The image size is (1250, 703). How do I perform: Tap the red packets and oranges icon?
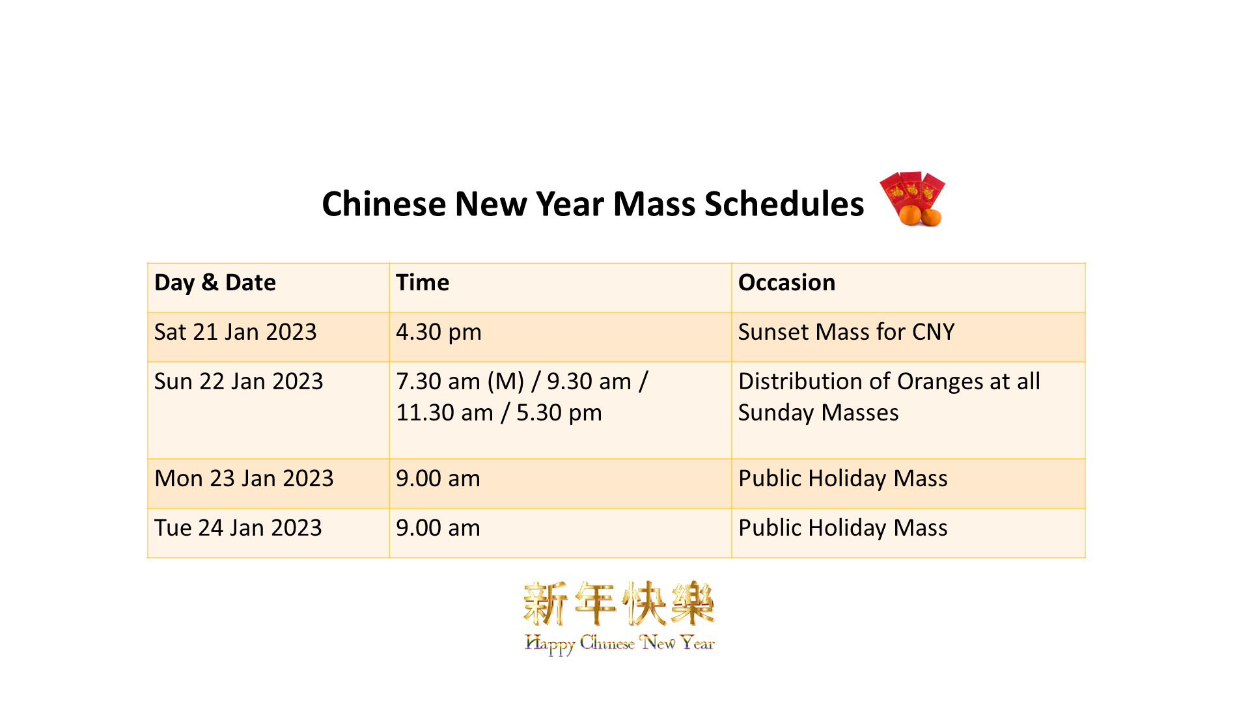pyautogui.click(x=912, y=199)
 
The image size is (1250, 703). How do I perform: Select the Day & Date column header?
pyautogui.click(x=215, y=283)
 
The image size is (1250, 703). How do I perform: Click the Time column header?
pyautogui.click(x=423, y=283)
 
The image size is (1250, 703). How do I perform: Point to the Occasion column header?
pyautogui.click(x=786, y=283)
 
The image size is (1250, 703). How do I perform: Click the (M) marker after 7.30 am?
pyautogui.click(x=506, y=382)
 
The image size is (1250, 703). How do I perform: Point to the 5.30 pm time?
pyautogui.click(x=559, y=413)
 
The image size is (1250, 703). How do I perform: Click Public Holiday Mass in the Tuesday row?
pyautogui.click(x=842, y=529)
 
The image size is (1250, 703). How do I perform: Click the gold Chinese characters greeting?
pyautogui.click(x=619, y=603)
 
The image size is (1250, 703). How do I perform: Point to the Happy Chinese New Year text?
pyautogui.click(x=620, y=644)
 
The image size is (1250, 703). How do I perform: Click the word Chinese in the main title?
pyautogui.click(x=383, y=204)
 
